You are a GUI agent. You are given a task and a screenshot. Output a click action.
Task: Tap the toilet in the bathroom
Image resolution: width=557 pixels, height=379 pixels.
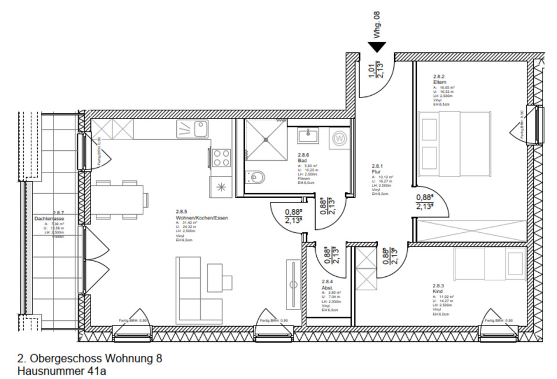(256, 176)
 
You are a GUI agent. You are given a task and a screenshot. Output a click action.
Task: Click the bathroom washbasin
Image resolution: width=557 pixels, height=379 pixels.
(307, 136)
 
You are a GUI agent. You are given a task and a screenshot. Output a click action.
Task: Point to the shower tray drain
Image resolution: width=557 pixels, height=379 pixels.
(266, 139)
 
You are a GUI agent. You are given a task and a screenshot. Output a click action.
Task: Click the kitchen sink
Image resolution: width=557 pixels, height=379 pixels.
(201, 128)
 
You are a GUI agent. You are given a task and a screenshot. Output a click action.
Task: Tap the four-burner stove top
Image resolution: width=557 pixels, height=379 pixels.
(221, 158)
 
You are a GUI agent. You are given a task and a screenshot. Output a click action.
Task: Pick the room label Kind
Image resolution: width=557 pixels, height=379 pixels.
(437, 291)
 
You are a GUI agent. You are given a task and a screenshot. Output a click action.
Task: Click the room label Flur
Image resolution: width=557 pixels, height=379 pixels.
(376, 172)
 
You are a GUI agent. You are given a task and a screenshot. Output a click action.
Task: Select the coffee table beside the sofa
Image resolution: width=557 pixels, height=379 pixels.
(220, 276)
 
